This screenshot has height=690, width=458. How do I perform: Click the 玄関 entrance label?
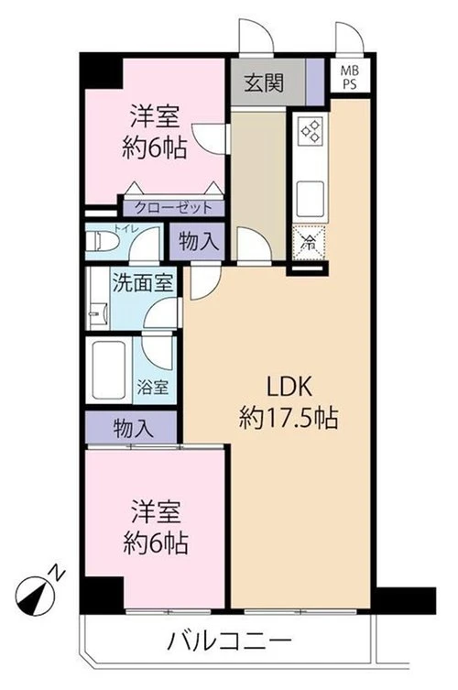tap(264, 82)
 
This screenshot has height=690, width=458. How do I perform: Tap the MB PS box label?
tap(350, 77)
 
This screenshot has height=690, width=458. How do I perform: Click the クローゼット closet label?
tap(173, 207)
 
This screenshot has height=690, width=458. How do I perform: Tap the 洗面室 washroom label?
tap(142, 282)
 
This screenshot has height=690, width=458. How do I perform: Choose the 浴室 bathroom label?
tap(152, 388)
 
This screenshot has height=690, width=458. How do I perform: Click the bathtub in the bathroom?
tap(108, 369)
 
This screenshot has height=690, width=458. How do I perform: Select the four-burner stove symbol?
tap(311, 131)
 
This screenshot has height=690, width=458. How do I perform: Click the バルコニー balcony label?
tap(229, 642)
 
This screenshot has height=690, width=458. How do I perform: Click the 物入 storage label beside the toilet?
tap(199, 241)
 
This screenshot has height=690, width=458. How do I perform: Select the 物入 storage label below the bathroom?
tap(134, 428)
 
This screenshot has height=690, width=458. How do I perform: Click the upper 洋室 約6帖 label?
tap(154, 132)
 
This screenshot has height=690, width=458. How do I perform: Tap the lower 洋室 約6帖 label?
tap(156, 527)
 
